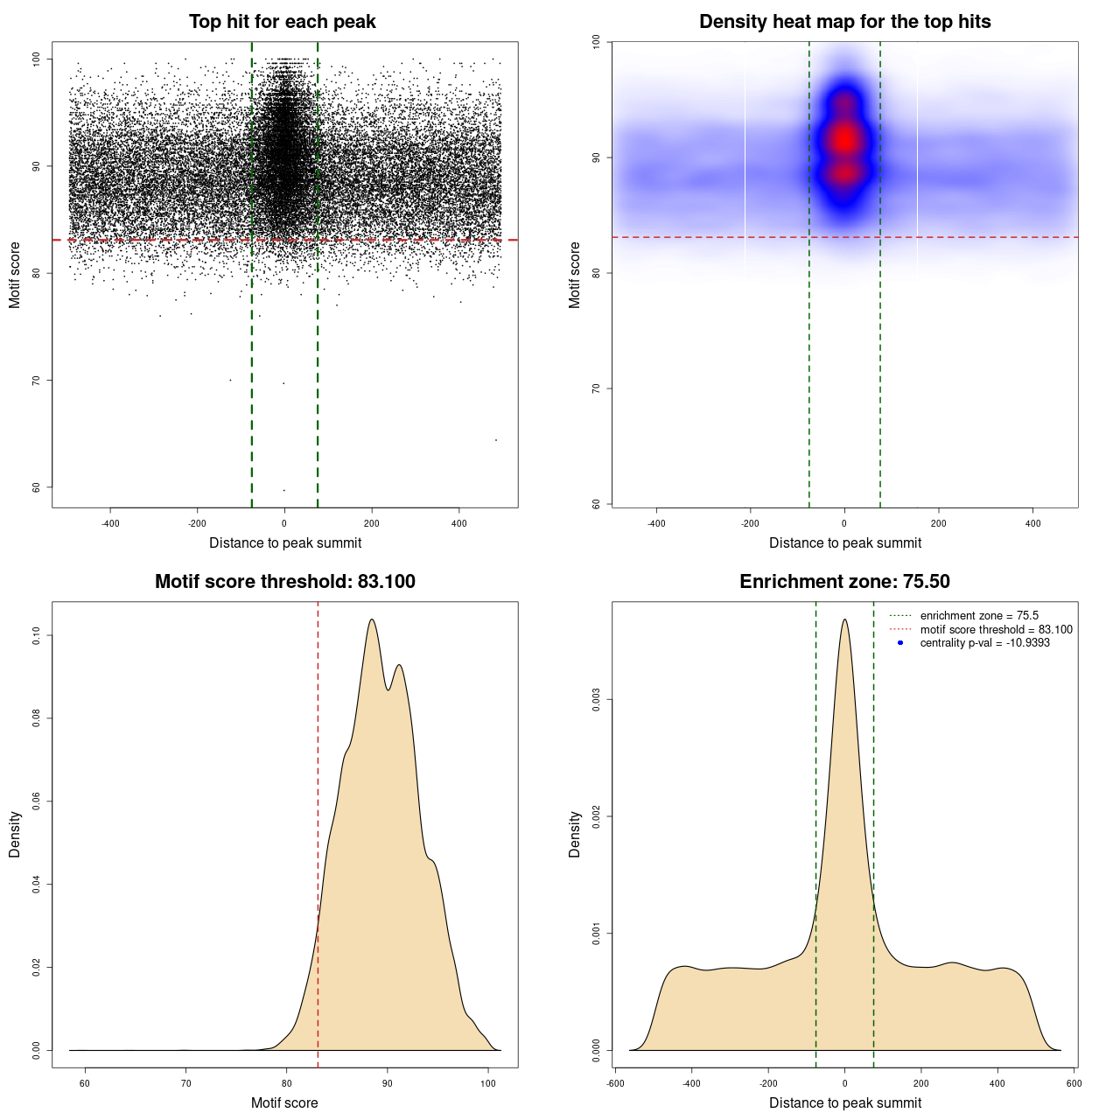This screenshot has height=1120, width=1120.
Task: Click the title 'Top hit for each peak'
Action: click(x=282, y=22)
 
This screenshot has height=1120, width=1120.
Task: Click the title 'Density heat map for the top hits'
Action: click(x=844, y=22)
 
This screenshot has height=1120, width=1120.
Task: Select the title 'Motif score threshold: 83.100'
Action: click(x=284, y=582)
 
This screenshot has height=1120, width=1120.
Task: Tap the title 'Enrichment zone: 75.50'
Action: click(x=844, y=582)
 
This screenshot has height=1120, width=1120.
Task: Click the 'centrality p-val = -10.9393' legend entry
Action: click(x=984, y=643)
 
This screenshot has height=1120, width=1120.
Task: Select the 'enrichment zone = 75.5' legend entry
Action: click(x=979, y=616)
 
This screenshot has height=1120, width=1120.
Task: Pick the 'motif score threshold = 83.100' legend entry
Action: click(x=996, y=630)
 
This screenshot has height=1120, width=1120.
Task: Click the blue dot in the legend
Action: click(x=900, y=643)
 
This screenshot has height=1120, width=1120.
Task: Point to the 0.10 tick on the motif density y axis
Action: click(x=36, y=635)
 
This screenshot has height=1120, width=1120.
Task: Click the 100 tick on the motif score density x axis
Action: click(x=488, y=1083)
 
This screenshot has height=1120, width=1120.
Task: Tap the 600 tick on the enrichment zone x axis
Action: click(x=1074, y=1083)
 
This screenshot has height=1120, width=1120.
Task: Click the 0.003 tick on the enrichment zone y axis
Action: click(x=596, y=700)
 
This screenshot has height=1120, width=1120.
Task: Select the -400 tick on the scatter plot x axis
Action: click(x=110, y=523)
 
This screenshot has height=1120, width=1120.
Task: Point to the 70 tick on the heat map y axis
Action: click(x=596, y=388)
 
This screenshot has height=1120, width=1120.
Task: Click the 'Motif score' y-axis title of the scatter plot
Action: click(x=15, y=275)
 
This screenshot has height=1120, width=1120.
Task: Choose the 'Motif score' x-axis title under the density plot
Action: click(x=284, y=1102)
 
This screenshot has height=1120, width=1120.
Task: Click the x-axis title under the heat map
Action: click(x=844, y=542)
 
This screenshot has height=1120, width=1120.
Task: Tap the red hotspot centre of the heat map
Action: click(x=844, y=138)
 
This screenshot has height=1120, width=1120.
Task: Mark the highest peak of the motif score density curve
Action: click(x=372, y=619)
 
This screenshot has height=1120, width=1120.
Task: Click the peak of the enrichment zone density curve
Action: click(x=844, y=619)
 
